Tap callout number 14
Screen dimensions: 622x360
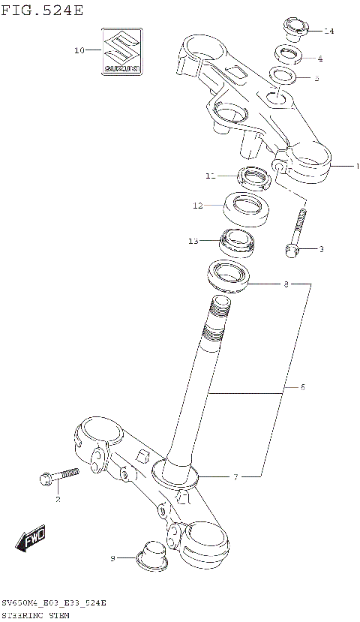point(328,31)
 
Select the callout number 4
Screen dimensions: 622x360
point(320,58)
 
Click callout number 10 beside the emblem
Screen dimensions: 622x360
point(79,51)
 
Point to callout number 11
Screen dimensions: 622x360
point(211,176)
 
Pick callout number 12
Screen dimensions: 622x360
point(197,205)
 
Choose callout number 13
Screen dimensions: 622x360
point(193,241)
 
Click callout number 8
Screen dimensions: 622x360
point(286,284)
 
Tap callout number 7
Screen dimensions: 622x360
point(235,476)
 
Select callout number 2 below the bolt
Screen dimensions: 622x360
point(57,498)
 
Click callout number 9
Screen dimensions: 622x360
point(113,557)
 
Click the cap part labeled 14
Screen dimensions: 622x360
point(295,28)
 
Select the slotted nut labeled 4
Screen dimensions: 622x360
point(288,53)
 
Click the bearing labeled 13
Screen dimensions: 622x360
point(236,241)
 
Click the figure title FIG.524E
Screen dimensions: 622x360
point(42,10)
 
